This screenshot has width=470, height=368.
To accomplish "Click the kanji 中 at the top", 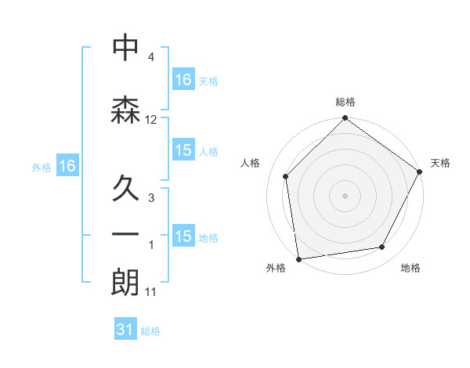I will [125, 48].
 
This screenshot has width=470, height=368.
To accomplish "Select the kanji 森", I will [125, 110].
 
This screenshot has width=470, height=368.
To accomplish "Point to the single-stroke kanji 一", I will [125, 234].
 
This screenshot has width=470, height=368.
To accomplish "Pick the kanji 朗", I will [125, 283].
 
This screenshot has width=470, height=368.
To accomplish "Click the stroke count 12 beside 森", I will [151, 120].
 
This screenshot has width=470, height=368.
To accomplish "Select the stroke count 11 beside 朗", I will [151, 292].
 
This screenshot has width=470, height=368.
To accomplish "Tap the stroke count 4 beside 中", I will [151, 58].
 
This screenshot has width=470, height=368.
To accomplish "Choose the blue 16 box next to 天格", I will [183, 79].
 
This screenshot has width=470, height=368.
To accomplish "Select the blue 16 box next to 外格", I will [67, 165].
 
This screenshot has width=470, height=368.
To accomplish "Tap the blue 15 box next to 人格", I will [183, 150].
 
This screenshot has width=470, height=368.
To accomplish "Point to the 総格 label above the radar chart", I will [345, 102].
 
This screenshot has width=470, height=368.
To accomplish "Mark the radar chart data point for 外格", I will [298, 258].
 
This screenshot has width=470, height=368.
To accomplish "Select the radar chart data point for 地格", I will [382, 247].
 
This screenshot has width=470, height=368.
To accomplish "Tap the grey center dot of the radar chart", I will [345, 195].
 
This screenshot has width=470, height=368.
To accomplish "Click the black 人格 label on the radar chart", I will [251, 163].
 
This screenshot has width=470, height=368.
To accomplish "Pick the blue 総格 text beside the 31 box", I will [150, 331].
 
